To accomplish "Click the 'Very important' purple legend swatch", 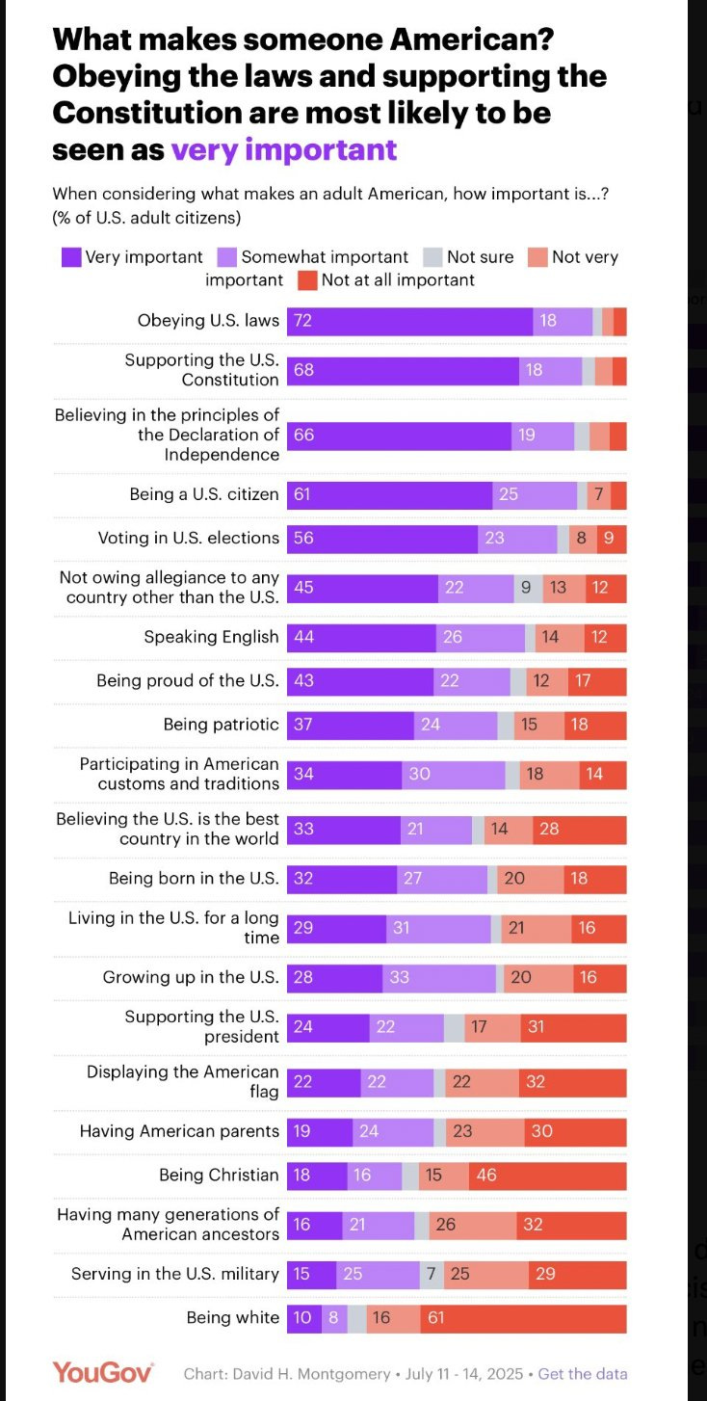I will [71, 257].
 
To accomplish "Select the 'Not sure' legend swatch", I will [432, 257].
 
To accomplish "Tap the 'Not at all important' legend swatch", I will [307, 280].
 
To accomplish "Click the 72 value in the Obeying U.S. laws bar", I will [302, 321].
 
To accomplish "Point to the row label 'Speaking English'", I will [211, 637].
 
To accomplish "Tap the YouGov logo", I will [102, 1373].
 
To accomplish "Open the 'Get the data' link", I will [582, 1374].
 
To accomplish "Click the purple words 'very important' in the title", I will [284, 150].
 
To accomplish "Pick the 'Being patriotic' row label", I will [221, 725].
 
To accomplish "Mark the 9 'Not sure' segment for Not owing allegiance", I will [527, 588].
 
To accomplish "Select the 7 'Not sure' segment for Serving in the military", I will [432, 1275].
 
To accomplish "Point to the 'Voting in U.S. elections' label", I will [188, 539].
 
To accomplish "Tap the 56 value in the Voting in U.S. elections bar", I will [303, 539].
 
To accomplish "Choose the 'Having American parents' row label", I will [179, 1131].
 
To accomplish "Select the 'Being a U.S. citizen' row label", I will [204, 494].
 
